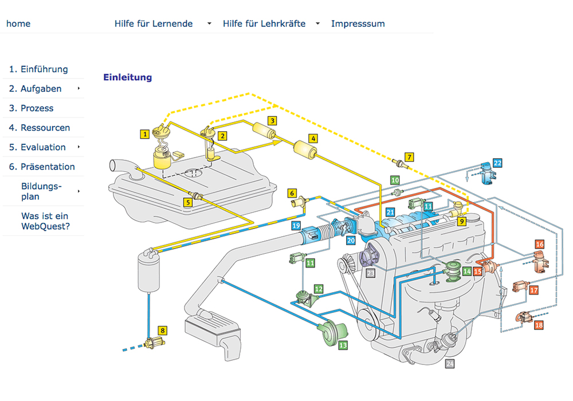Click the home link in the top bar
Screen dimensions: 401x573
tap(18, 23)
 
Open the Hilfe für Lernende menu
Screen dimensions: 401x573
tap(154, 23)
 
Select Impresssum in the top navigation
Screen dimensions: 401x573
tap(358, 23)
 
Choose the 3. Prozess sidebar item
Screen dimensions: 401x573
tap(31, 108)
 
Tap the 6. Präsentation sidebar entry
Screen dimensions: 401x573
tap(42, 167)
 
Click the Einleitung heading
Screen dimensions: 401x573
tap(127, 77)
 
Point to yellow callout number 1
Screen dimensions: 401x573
tap(146, 133)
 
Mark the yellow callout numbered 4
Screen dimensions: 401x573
tap(313, 138)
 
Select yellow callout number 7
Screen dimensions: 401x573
tap(409, 156)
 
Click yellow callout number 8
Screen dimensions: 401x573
tap(163, 331)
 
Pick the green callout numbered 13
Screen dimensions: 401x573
tap(343, 345)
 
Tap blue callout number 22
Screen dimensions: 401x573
tap(497, 163)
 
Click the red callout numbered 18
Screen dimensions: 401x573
tap(539, 325)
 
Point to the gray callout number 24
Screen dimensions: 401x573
tap(450, 364)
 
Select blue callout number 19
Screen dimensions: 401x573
tap(296, 226)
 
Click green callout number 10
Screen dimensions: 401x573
tap(395, 180)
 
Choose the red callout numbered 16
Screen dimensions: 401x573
tap(539, 245)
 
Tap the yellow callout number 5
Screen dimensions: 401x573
tap(187, 202)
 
